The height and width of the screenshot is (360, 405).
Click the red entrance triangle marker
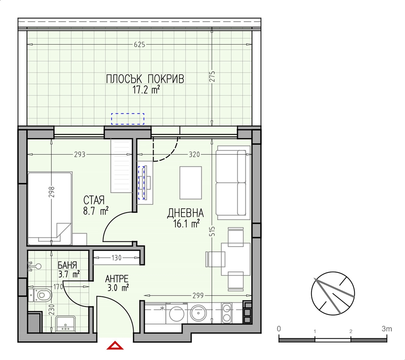pyautogui.click(x=115, y=345)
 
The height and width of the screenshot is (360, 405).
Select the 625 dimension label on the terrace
pyautogui.click(x=139, y=45)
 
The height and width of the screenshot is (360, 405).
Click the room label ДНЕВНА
pyautogui.click(x=185, y=213)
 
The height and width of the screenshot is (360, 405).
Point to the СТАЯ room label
pyautogui.click(x=94, y=200)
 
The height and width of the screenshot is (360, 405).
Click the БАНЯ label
pyautogui.click(x=67, y=265)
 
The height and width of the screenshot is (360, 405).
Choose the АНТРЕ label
pyautogui.click(x=117, y=279)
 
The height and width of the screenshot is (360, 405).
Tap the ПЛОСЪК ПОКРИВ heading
pyautogui.click(x=145, y=79)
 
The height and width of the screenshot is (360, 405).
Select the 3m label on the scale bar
pyautogui.click(x=387, y=329)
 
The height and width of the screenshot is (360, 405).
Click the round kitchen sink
pyautogui.click(x=198, y=313)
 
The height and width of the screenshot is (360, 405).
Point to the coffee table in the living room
pyautogui.click(x=191, y=183)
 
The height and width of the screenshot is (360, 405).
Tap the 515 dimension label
pyautogui.click(x=212, y=232)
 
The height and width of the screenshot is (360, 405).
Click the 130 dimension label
pyautogui.click(x=117, y=258)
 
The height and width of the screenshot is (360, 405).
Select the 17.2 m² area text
pyautogui.click(x=146, y=90)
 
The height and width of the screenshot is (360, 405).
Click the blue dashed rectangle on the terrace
pyautogui.click(x=128, y=119)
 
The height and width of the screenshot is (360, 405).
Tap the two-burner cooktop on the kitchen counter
pyautogui.click(x=226, y=313)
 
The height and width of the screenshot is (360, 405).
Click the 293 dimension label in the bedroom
pyautogui.click(x=79, y=154)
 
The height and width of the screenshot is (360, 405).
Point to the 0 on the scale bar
pyautogui.click(x=279, y=329)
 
